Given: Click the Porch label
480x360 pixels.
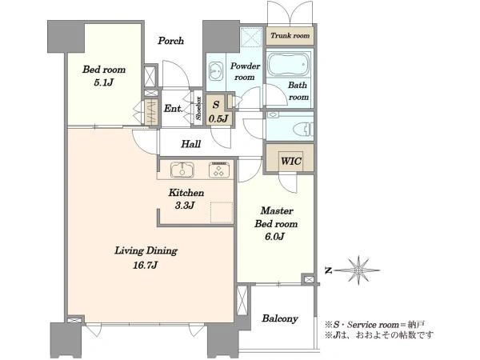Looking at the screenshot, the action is pos(171,41).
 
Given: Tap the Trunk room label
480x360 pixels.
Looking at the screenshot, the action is pos(290,35).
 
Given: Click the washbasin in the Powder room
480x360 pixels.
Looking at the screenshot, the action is pos(216,71).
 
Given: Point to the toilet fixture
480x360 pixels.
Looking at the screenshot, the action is pos(303,129).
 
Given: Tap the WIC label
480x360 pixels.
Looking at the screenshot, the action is pos(291,161).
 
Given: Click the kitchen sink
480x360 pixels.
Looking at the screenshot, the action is pos(182,170).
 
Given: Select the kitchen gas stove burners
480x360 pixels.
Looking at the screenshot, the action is pos(219,170).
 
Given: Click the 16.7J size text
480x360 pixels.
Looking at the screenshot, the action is pos(145,265).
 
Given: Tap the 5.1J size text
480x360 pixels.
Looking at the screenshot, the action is pos(103,82).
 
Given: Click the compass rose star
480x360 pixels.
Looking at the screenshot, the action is pos(358,270).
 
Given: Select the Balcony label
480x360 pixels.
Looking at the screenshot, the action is pos(280,318).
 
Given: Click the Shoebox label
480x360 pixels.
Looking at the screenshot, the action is pos(198,108).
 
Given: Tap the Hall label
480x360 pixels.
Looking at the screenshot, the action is pos(190,144).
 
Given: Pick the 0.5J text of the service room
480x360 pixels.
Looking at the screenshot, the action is pos(218,118).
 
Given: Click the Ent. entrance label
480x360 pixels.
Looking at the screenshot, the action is pos(174,108).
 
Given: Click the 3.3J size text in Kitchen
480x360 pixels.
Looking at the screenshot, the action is pos(185,206).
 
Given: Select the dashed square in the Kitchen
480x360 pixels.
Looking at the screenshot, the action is pos(222,213).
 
